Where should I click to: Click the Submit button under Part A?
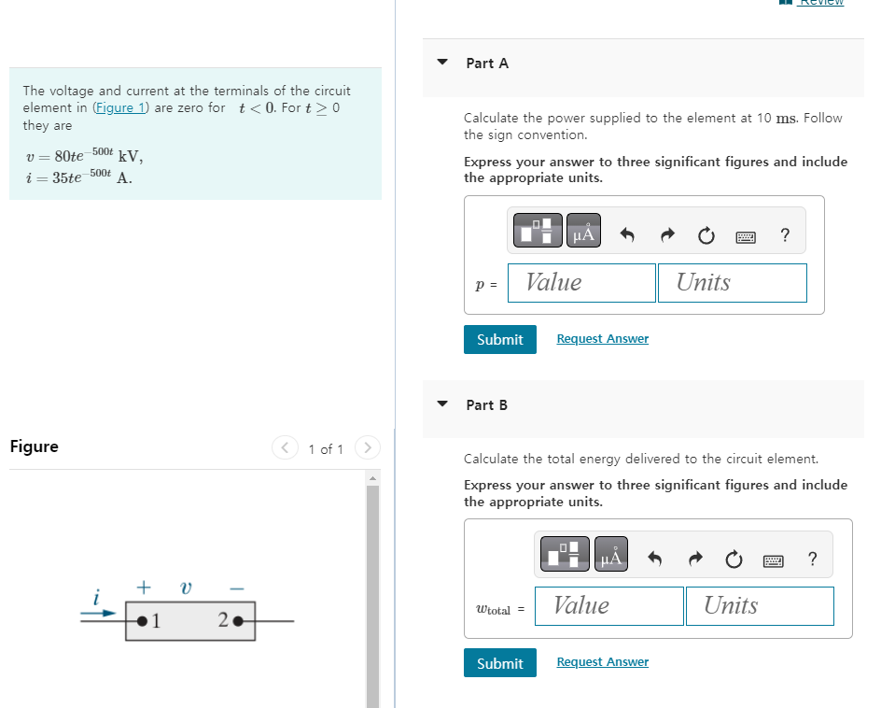pyautogui.click(x=499, y=339)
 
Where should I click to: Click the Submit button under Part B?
pyautogui.click(x=499, y=663)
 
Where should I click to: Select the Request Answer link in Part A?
pyautogui.click(x=602, y=339)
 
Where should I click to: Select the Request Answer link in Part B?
pyautogui.click(x=602, y=662)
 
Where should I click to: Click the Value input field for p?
pyautogui.click(x=581, y=283)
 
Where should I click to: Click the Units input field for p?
pyautogui.click(x=732, y=283)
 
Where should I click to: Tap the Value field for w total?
pyautogui.click(x=609, y=606)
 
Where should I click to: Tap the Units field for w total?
pyautogui.click(x=759, y=606)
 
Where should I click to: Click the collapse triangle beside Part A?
pyautogui.click(x=443, y=63)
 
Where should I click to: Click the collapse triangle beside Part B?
pyautogui.click(x=443, y=404)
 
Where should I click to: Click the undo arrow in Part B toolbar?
pyautogui.click(x=655, y=560)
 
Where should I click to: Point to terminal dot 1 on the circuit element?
pyautogui.click(x=142, y=619)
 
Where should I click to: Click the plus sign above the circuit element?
pyautogui.click(x=144, y=588)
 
